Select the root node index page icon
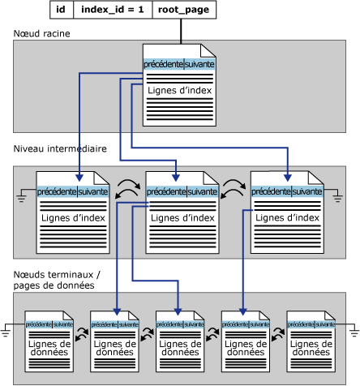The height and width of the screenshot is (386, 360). pos(180,85)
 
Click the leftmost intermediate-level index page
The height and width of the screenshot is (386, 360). pos(74,212)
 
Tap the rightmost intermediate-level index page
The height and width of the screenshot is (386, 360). pos(288,212)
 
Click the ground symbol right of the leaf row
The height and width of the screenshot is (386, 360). pos(351,331)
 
